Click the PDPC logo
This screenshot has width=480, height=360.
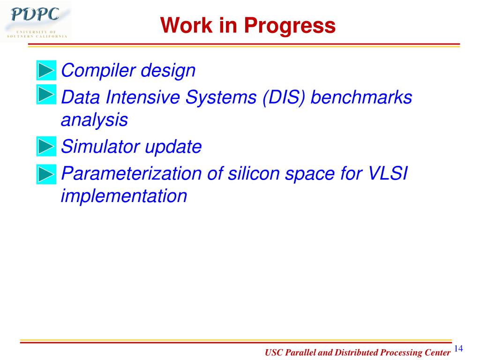pyautogui.click(x=36, y=22)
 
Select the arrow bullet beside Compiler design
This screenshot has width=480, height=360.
pyautogui.click(x=46, y=70)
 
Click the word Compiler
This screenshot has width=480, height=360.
pyautogui.click(x=98, y=71)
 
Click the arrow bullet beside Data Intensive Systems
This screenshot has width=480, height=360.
pyautogui.click(x=46, y=94)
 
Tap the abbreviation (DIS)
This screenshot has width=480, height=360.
pyautogui.click(x=284, y=97)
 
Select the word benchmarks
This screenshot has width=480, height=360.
pyautogui.click(x=361, y=97)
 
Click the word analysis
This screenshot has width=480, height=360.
pyautogui.click(x=94, y=120)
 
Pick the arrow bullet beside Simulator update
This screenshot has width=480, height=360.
pyautogui.click(x=46, y=146)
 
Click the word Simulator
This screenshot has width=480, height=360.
pyautogui.click(x=100, y=146)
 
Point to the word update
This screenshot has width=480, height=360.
pyautogui.click(x=173, y=147)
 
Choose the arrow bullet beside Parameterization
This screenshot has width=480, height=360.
pyautogui.click(x=46, y=174)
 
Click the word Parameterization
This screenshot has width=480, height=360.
pyautogui.click(x=132, y=173)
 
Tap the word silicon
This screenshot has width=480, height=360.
pyautogui.click(x=254, y=173)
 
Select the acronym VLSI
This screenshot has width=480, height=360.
pyautogui.click(x=388, y=173)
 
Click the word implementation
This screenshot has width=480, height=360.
pyautogui.click(x=124, y=196)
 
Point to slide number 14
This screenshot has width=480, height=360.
pyautogui.click(x=458, y=348)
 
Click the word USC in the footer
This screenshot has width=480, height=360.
pyautogui.click(x=274, y=352)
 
